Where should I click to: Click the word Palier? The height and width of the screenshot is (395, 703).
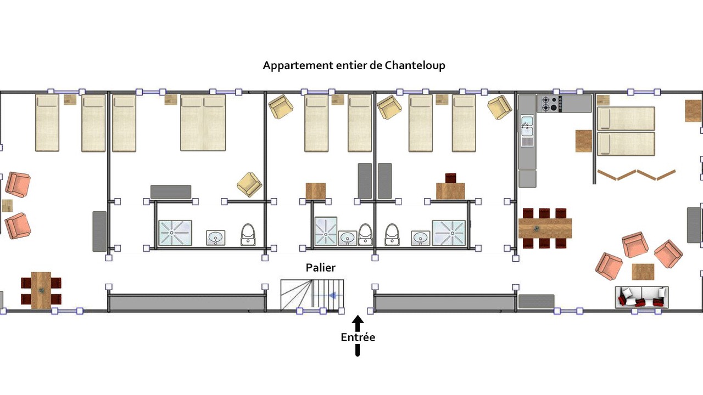(x=320, y=268)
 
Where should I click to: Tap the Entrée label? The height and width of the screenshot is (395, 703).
(x=358, y=337)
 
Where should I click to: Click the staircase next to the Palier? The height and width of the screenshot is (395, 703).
(x=312, y=296)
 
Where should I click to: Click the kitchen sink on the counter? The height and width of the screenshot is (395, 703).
(x=527, y=132)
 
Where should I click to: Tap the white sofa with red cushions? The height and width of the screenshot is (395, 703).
(x=641, y=297)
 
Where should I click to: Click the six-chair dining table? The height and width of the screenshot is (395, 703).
(x=545, y=228)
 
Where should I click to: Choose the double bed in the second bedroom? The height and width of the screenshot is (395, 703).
(x=203, y=122)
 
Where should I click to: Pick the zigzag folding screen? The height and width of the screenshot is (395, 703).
(x=637, y=175)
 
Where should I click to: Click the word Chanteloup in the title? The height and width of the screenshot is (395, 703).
(x=414, y=65)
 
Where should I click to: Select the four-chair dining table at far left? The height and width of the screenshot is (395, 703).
(x=41, y=290)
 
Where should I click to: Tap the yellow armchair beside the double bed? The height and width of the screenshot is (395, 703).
(x=249, y=184)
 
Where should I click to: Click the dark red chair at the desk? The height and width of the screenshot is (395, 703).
(x=450, y=178)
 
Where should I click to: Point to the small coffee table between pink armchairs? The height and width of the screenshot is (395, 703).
(x=643, y=272)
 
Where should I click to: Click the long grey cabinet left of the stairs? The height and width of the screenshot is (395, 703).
(x=187, y=302)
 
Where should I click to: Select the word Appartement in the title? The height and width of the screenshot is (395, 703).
(x=297, y=65)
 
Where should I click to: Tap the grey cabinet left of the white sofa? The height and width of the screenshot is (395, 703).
(x=536, y=301)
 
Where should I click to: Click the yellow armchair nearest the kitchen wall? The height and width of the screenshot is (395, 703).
(x=500, y=108)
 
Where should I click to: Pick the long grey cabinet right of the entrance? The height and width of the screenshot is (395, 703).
(x=444, y=302)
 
